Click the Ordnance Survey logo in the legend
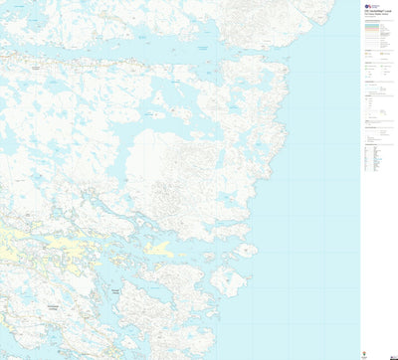(367, 6)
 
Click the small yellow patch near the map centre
(157, 247)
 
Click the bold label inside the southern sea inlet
(116, 288)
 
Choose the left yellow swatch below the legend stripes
(367, 55)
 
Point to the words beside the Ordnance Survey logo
(378, 6)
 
